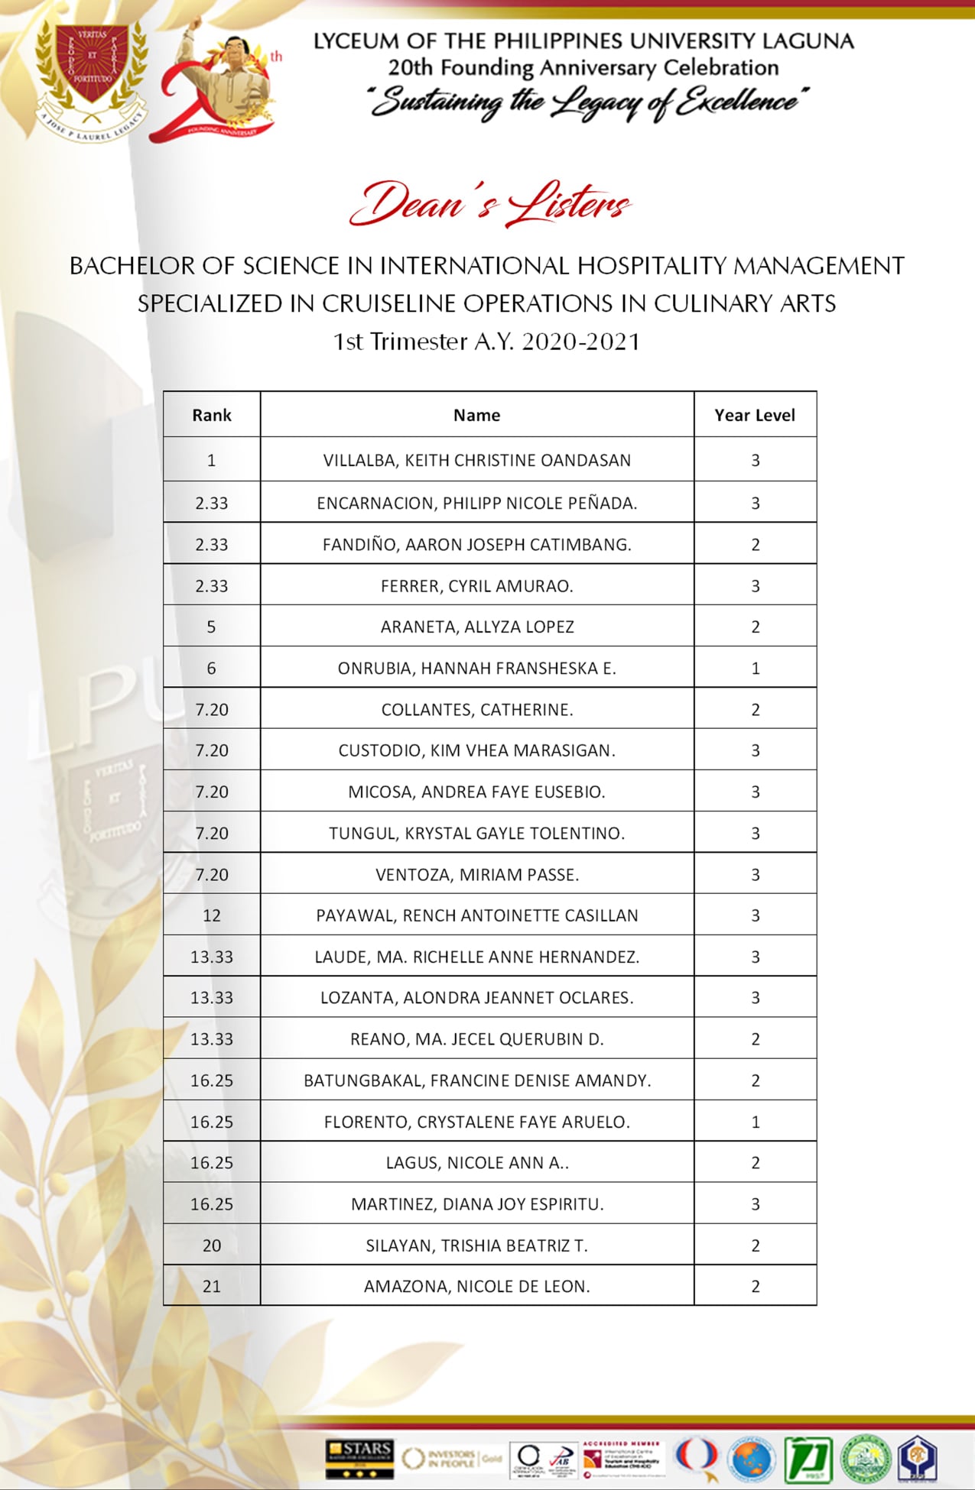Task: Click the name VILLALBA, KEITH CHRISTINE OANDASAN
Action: tap(476, 460)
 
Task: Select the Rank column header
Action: tap(211, 415)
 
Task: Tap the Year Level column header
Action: tap(755, 415)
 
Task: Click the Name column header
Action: tap(476, 415)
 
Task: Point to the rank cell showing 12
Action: tap(211, 915)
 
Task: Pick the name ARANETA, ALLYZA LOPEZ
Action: tap(477, 627)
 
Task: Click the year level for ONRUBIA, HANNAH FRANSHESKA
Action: tap(756, 668)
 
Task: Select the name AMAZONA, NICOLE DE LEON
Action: tap(476, 1286)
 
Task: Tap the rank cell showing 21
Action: tap(211, 1286)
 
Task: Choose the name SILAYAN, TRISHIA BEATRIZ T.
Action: tap(476, 1245)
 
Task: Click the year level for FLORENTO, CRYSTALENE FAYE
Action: tap(756, 1122)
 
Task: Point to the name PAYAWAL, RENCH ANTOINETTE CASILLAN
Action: tap(476, 915)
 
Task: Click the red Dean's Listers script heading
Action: tap(489, 204)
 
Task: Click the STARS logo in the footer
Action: tap(359, 1456)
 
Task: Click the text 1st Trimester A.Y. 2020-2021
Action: tap(486, 342)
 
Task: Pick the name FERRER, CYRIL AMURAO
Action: tap(476, 586)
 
